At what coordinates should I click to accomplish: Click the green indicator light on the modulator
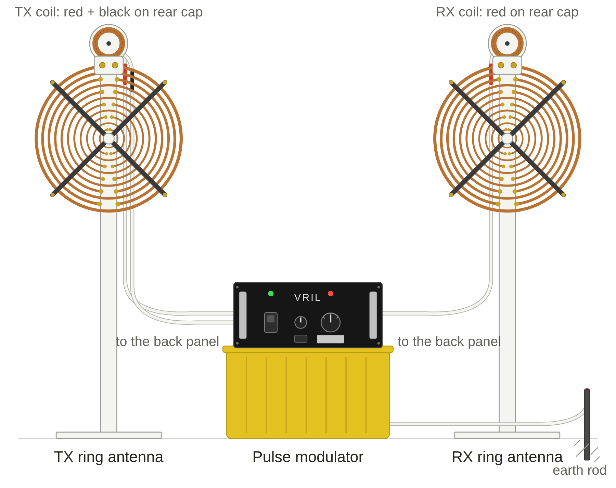click(271, 293)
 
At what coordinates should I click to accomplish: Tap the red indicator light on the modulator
click(331, 293)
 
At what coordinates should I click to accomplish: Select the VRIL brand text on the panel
click(307, 298)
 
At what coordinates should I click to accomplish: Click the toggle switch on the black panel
click(271, 322)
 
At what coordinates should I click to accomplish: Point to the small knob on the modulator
click(300, 322)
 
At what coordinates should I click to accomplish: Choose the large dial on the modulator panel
click(331, 322)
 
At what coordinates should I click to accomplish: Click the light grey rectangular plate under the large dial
click(331, 339)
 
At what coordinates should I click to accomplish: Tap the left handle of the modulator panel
click(243, 315)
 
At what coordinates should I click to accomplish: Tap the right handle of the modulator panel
click(373, 315)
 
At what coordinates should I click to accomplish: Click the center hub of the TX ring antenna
click(108, 139)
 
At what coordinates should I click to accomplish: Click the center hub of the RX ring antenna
click(507, 139)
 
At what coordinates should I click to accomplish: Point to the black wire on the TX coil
click(132, 81)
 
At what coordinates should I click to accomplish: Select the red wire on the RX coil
click(491, 74)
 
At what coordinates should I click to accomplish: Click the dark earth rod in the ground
click(587, 425)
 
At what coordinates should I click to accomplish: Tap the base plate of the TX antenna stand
click(108, 435)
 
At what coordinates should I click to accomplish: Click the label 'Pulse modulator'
click(308, 457)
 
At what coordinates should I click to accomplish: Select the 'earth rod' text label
click(579, 470)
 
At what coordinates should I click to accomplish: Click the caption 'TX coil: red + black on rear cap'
click(108, 12)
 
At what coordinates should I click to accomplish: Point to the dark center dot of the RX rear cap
click(507, 43)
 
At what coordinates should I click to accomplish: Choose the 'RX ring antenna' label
click(507, 457)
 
